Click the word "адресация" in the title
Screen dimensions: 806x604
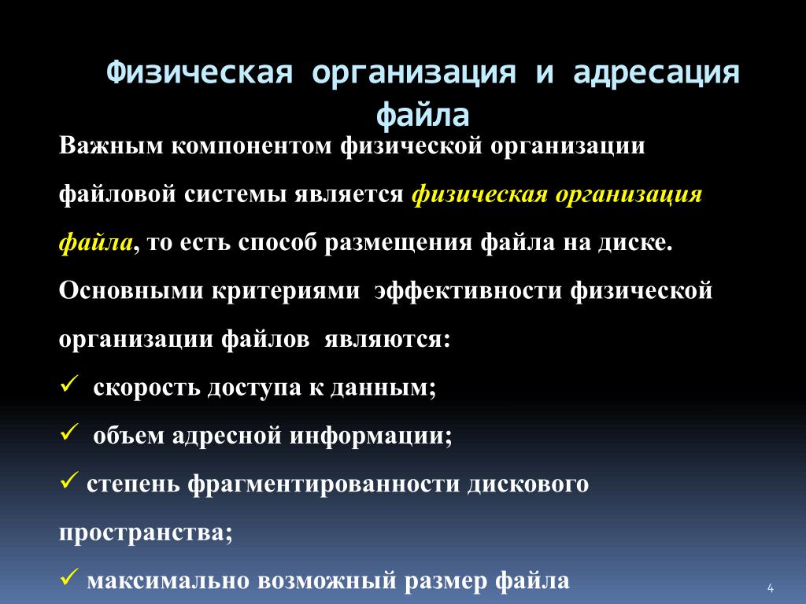[x=656, y=72]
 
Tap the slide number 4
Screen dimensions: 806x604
[x=770, y=587]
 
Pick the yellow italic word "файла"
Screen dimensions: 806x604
[x=95, y=242]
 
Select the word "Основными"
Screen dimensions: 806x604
[x=131, y=290]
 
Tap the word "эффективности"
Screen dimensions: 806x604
[x=468, y=291]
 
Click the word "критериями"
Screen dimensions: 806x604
[x=286, y=291]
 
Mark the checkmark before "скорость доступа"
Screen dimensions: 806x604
[x=69, y=384]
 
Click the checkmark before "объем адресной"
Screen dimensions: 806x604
[x=69, y=432]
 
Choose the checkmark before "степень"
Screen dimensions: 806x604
[x=69, y=481]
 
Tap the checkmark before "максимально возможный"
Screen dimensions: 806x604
[x=69, y=576]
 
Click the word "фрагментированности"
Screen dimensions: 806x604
[x=324, y=484]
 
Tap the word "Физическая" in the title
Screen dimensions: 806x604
[x=199, y=72]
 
